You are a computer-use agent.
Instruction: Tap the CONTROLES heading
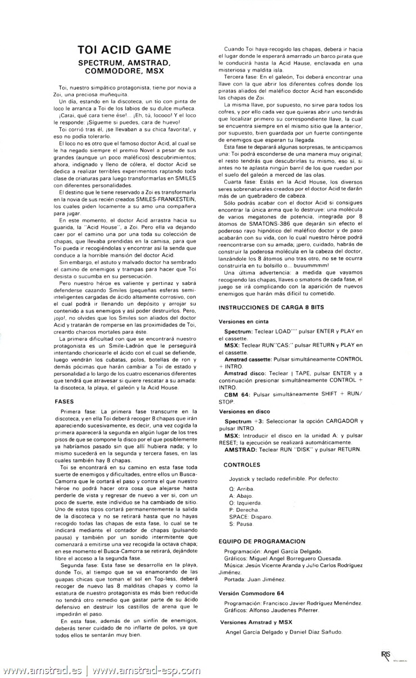242,465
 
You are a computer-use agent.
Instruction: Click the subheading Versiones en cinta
242,320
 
